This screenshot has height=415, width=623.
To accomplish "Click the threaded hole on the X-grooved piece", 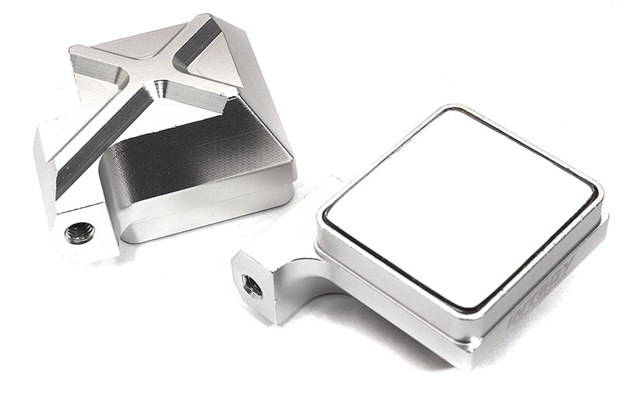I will click(79, 232).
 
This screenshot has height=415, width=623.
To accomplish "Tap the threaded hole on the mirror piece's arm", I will click(252, 286).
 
